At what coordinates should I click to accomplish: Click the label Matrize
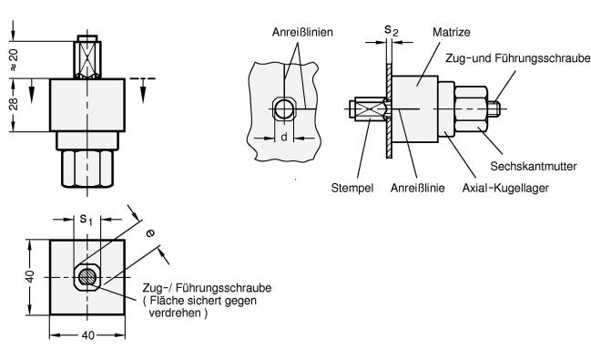451,32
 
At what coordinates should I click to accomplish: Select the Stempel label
352,188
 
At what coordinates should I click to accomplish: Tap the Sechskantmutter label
534,167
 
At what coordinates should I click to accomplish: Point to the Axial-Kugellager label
505,188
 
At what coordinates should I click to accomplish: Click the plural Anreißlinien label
302,32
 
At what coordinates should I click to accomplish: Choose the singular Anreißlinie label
417,188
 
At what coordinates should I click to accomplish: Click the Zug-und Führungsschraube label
518,58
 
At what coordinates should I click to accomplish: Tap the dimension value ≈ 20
14,60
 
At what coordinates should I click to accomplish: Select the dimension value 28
14,104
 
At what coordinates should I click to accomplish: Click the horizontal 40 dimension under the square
87,335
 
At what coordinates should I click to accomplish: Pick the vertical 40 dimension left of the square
30,276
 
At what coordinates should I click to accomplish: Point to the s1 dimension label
86,219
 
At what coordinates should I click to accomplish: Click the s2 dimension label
391,30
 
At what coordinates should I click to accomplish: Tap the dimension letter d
284,138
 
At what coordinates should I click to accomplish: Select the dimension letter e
150,233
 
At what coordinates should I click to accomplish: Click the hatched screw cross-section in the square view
87,277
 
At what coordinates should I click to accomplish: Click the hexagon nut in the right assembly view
471,108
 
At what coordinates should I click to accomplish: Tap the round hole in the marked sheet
283,109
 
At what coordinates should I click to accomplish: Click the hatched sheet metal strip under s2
389,110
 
